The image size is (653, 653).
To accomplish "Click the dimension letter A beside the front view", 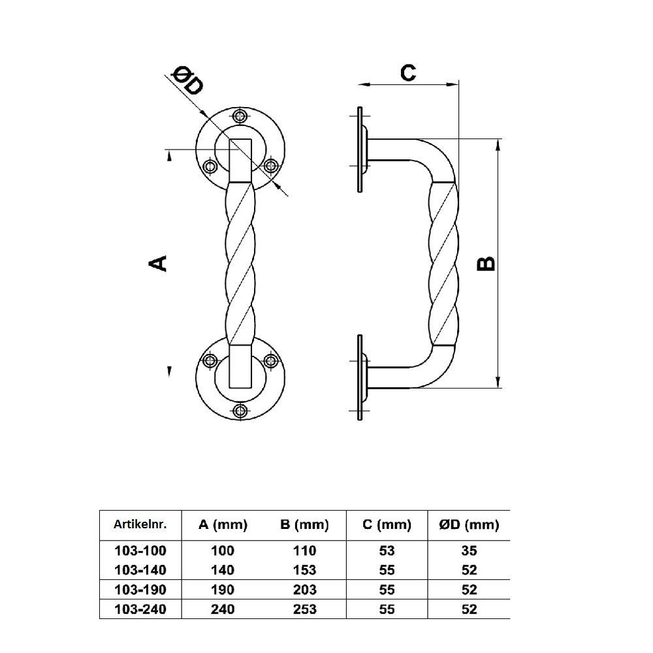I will (159, 263).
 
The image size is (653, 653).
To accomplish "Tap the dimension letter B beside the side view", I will (486, 263).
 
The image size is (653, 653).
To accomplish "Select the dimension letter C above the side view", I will (407, 72).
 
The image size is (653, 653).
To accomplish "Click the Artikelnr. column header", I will (140, 524).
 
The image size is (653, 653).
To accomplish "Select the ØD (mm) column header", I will (469, 524).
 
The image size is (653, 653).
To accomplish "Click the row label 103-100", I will (140, 550).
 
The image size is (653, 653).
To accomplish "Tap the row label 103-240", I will (140, 609).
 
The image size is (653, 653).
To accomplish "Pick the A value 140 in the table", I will (223, 570).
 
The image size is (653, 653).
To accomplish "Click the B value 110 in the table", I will (304, 550).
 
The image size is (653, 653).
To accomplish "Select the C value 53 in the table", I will (386, 550).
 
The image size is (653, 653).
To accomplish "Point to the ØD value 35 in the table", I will (469, 550).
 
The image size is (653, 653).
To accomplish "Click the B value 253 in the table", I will (304, 609).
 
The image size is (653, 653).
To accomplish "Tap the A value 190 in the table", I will (223, 590).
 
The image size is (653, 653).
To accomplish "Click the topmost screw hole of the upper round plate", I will (240, 116).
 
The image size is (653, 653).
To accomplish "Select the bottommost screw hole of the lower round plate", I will (240, 410).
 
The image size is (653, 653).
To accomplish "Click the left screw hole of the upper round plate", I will (210, 167).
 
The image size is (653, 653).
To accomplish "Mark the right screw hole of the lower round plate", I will (270, 360).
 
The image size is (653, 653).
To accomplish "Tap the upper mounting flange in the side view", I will (360, 150).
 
